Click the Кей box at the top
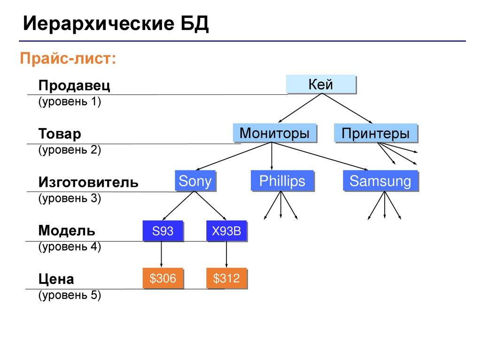(320, 85)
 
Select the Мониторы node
(274, 133)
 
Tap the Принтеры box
(375, 133)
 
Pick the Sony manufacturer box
(195, 181)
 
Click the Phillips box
(281, 181)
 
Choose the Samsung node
(380, 181)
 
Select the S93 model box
(162, 231)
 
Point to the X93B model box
(226, 231)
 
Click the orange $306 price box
(163, 279)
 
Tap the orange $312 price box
(226, 279)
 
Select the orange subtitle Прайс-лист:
(67, 59)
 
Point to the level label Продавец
(74, 86)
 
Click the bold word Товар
(60, 134)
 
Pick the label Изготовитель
(88, 182)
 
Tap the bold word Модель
(67, 230)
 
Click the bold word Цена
(56, 279)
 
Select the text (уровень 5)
(70, 295)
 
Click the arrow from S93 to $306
(162, 255)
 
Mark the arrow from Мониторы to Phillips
(272, 156)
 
